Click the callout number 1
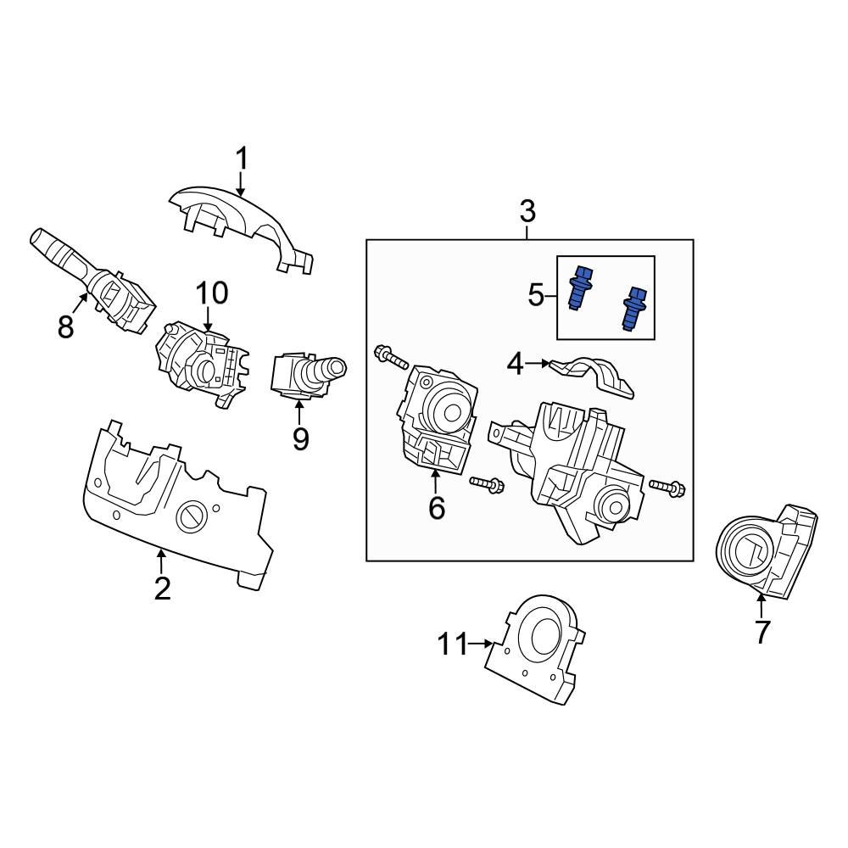(x=242, y=159)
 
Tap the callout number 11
(x=453, y=644)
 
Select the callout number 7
(x=762, y=632)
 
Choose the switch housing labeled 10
(x=202, y=363)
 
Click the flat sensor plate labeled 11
(x=534, y=649)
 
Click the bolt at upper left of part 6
(x=386, y=356)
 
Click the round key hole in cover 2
(x=190, y=514)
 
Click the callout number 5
(x=537, y=296)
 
